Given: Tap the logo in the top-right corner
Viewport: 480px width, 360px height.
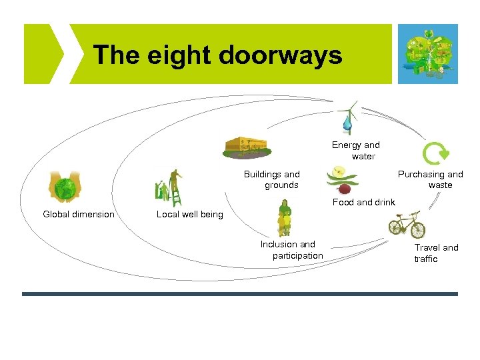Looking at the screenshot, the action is pyautogui.click(x=427, y=54).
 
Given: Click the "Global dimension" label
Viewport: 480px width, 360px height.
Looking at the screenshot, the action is pyautogui.click(x=79, y=215).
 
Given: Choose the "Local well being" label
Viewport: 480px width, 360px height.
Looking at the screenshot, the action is pyautogui.click(x=189, y=215).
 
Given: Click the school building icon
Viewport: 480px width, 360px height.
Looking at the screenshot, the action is pyautogui.click(x=245, y=147).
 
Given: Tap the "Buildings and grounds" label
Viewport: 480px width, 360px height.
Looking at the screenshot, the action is pyautogui.click(x=272, y=180).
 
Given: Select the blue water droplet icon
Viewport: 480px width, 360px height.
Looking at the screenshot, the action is pyautogui.click(x=347, y=123).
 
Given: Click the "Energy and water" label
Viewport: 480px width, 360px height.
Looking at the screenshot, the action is pyautogui.click(x=356, y=151).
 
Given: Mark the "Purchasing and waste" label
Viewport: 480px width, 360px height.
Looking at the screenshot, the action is pyautogui.click(x=431, y=180).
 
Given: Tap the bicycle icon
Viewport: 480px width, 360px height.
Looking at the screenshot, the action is pyautogui.click(x=407, y=225).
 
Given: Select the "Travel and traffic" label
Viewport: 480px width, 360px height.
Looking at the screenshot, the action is pyautogui.click(x=436, y=253).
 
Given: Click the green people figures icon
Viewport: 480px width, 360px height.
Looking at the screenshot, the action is pyautogui.click(x=285, y=219).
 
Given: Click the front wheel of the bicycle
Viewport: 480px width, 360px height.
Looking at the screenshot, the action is pyautogui.click(x=417, y=230).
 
